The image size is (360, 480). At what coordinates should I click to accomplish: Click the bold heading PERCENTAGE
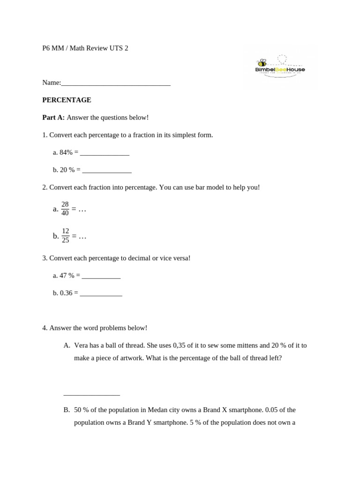click(67, 100)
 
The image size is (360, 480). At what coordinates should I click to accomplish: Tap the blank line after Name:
click(116, 83)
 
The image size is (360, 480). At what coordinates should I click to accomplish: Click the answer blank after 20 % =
click(107, 170)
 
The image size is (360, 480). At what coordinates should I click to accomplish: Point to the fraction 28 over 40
click(65, 209)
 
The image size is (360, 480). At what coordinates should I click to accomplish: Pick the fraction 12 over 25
click(66, 236)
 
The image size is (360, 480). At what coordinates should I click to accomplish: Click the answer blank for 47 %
click(101, 276)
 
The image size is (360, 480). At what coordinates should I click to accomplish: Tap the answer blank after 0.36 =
click(101, 293)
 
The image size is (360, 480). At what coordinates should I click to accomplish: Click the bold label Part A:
click(53, 117)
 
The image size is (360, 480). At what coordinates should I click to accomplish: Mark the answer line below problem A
click(91, 395)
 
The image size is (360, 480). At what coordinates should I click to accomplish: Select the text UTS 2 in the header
click(119, 48)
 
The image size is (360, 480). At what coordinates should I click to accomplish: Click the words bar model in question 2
click(193, 187)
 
